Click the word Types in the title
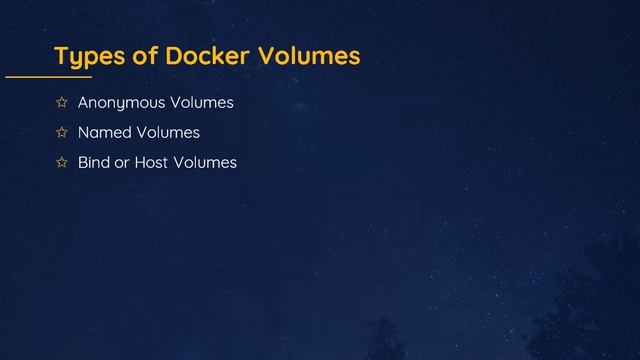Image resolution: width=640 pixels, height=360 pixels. click(87, 56)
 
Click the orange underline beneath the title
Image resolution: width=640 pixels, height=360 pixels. click(48, 76)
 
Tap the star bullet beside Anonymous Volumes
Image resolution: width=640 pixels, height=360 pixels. click(61, 102)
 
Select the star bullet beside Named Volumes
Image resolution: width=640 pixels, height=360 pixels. click(61, 132)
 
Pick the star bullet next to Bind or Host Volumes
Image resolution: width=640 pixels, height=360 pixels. click(61, 162)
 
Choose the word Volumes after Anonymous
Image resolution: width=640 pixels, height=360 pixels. click(202, 102)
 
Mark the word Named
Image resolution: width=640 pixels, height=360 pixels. click(102, 132)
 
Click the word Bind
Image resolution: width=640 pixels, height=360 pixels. click(94, 162)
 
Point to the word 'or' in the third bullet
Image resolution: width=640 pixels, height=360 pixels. click(123, 162)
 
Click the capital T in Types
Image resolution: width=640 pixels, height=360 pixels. click(60, 55)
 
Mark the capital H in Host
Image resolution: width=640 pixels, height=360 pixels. click(140, 162)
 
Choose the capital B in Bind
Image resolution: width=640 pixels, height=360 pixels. click(82, 162)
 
